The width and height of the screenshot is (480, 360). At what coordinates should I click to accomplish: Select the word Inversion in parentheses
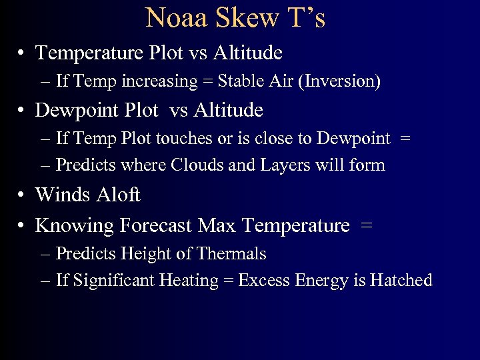342,82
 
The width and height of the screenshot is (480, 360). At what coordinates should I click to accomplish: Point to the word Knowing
74,226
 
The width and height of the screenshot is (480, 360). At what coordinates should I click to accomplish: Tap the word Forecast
157,226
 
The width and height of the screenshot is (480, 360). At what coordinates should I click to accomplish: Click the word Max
218,226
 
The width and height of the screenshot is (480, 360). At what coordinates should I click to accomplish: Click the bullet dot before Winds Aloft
22,195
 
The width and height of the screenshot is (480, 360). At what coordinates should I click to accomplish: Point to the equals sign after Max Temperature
366,227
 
